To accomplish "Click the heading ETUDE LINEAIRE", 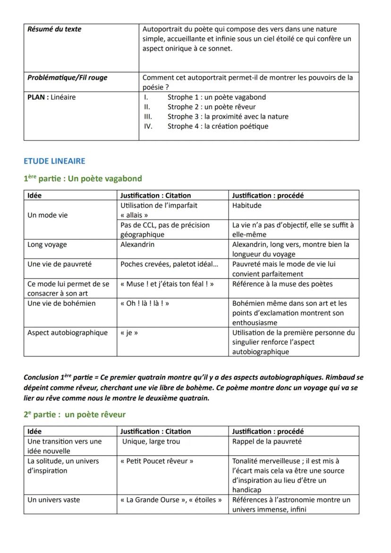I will pos(54,161).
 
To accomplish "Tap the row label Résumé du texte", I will pos(54,29).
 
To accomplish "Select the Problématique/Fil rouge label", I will pos(67,77).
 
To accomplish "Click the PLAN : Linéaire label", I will pos(51,97).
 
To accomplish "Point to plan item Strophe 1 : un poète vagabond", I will pos(216,97).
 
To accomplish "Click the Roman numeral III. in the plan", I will pos(148,117).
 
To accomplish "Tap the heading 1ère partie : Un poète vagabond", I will pos(83,179).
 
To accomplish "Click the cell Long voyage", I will pos(47,245).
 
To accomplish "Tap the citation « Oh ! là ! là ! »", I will pos(145,303).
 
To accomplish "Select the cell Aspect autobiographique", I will pos(68,332).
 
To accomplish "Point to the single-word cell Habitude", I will pos(246,205).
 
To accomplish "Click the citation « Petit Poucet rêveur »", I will pos(157,461).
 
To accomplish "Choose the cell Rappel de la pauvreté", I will pos(267,442).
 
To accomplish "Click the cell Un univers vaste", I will pos(54,500).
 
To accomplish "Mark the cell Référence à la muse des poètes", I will pos(282,284).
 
